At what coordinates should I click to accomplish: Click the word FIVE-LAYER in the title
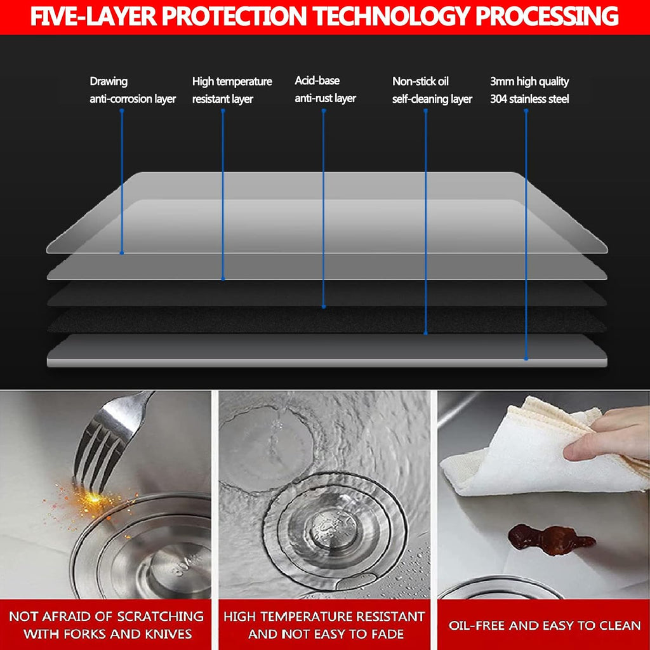point(94,17)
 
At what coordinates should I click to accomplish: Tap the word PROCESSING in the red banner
point(547,17)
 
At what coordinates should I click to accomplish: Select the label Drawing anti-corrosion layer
point(133,90)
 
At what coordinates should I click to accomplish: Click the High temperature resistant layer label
point(232,90)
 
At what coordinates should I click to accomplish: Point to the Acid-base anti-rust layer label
point(326,90)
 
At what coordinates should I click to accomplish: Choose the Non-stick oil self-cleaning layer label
point(432,90)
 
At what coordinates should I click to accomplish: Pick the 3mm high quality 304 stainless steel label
point(529,90)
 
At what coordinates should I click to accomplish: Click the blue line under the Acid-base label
point(324,208)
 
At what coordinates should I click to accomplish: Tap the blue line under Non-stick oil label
point(425,222)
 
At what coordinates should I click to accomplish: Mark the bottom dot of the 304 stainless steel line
point(526,359)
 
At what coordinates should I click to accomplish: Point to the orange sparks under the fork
point(89,503)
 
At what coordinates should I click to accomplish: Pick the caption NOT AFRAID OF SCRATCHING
point(106,616)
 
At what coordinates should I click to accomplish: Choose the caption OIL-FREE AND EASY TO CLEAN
point(544,625)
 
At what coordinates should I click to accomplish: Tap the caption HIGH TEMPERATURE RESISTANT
point(324,616)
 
